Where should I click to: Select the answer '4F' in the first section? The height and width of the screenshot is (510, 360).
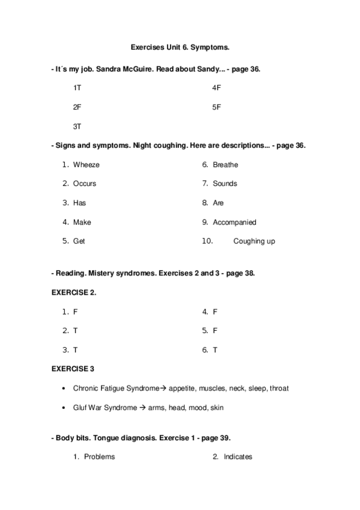[x=217, y=88]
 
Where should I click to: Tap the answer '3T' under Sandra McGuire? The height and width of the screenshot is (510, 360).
[x=77, y=126]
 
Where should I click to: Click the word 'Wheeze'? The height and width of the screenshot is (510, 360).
[x=86, y=165]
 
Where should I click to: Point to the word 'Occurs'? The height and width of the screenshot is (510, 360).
[x=84, y=184]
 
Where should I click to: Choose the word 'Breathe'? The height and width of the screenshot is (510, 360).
[x=225, y=165]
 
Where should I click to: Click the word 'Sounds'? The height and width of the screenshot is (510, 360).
[x=225, y=184]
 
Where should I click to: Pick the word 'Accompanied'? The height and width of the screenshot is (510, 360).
[x=234, y=223]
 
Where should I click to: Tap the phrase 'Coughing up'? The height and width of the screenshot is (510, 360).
[x=254, y=242]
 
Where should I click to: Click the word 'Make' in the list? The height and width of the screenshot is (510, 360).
[x=82, y=223]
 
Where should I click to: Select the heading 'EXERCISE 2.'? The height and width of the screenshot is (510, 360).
[x=75, y=292]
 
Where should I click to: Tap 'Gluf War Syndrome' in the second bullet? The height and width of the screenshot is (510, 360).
[x=105, y=408]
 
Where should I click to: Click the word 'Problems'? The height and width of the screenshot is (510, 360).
[x=99, y=457]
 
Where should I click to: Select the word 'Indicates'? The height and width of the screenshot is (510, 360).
[x=238, y=457]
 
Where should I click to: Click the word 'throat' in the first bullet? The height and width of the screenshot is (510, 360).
[x=279, y=389]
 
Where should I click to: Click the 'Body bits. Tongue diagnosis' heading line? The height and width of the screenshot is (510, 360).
[x=142, y=438]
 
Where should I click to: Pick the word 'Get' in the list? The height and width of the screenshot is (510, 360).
[x=79, y=242]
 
